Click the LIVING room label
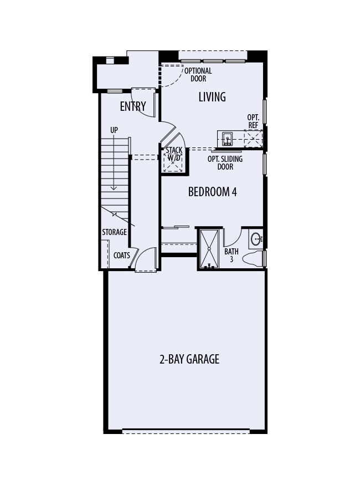pos(212,97)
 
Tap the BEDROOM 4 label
pos(213,192)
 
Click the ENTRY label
pos(133,106)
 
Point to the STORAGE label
pos(114,232)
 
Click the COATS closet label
pos(122,256)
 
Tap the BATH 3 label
pos(231,255)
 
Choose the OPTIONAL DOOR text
pos(198,75)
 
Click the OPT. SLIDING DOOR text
pos(225,162)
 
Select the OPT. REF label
pos(253,121)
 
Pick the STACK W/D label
pos(174,154)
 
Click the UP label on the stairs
pos(114,130)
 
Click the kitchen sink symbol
pos(227,139)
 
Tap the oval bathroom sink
pos(256,239)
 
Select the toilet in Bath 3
pos(255,259)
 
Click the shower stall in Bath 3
pos(209,248)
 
